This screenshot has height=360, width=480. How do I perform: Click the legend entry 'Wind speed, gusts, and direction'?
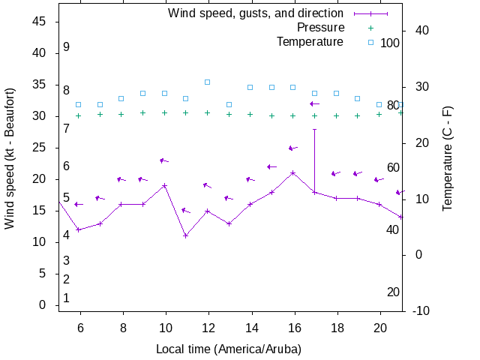(255, 13)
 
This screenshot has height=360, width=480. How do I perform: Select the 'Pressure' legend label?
(320, 28)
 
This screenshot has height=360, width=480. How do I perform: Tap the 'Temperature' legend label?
(310, 42)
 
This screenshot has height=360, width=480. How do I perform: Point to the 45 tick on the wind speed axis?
(40, 22)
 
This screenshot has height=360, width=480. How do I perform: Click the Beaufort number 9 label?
(67, 47)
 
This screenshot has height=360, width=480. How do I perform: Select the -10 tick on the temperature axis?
(421, 310)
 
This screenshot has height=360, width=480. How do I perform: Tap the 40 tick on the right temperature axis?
(421, 31)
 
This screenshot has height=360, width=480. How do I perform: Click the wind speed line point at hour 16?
(293, 173)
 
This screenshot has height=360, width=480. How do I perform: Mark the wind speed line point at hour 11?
(186, 236)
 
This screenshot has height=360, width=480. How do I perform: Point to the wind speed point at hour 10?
(164, 185)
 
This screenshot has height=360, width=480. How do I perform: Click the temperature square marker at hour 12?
(208, 82)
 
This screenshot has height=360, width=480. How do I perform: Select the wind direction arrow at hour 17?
(315, 103)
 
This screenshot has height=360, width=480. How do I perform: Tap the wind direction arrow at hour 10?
(164, 160)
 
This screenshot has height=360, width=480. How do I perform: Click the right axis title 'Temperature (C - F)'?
(448, 158)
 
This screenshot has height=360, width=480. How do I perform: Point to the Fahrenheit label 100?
(390, 43)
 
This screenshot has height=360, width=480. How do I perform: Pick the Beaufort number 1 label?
(66, 298)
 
